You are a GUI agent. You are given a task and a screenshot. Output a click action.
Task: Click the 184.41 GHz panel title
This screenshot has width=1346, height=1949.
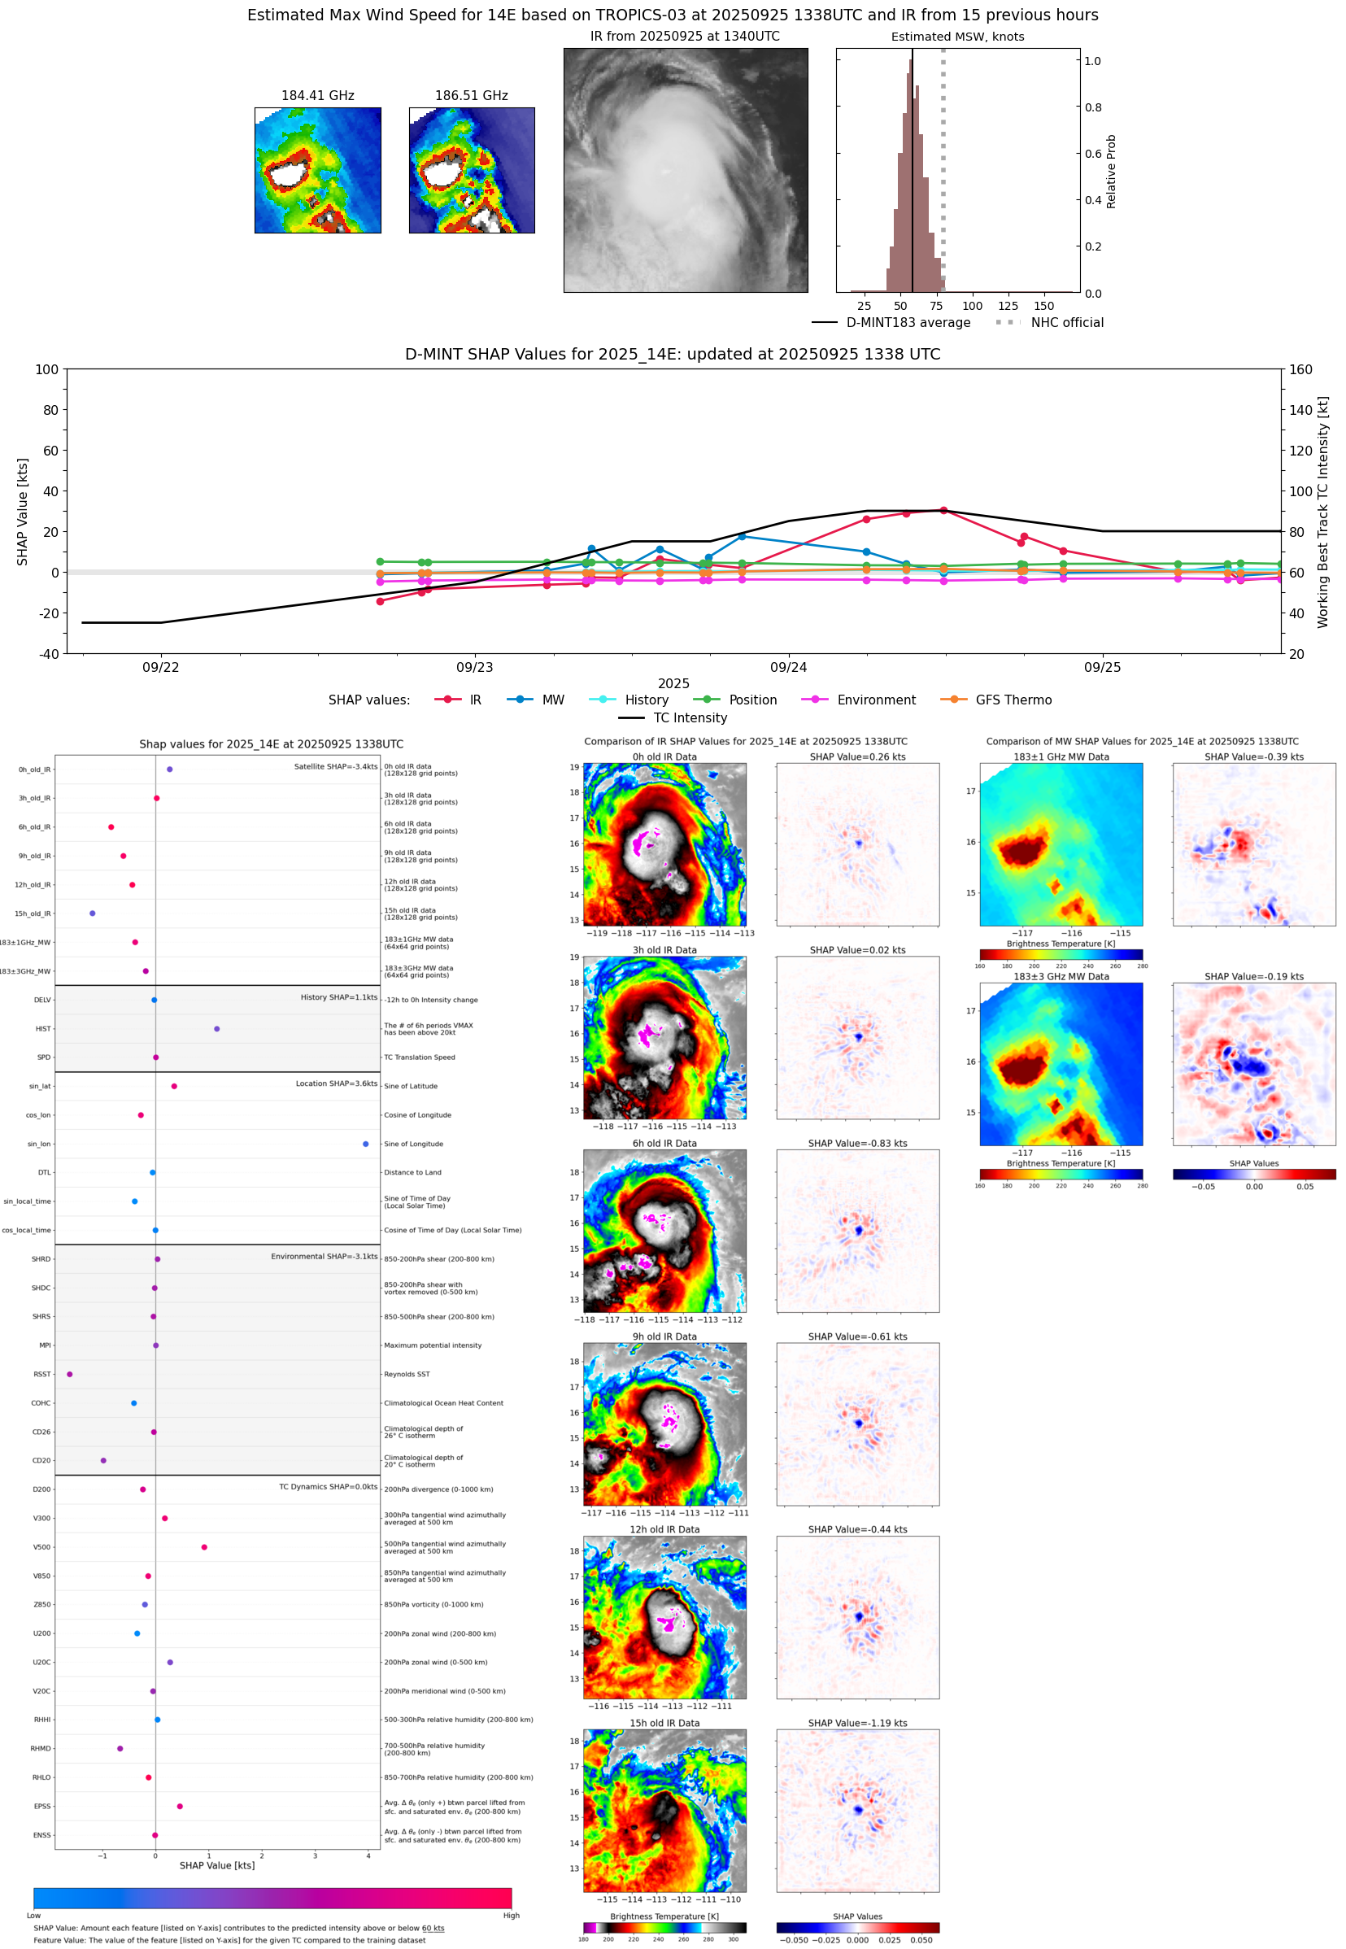317,96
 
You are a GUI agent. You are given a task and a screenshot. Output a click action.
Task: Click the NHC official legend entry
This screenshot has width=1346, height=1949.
1066,322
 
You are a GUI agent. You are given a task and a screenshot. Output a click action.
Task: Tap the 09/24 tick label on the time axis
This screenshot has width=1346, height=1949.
788,667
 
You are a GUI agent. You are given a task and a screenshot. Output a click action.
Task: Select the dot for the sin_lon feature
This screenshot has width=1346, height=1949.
365,1144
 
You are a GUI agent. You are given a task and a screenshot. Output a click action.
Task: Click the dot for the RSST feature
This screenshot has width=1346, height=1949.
70,1374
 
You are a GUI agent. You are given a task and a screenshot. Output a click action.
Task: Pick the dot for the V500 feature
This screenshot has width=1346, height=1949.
204,1546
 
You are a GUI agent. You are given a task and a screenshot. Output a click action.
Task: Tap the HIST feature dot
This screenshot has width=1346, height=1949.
217,1029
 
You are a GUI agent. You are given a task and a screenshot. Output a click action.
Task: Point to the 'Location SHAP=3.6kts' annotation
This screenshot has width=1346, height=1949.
336,1084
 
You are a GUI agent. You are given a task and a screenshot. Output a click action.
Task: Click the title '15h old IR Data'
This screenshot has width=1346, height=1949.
664,1723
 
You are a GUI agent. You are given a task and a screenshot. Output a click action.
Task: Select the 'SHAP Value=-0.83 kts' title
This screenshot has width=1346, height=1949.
857,1144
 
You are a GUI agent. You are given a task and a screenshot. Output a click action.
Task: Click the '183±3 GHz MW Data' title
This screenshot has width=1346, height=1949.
1061,977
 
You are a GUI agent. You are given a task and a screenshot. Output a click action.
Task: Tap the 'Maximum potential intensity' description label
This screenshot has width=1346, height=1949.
433,1345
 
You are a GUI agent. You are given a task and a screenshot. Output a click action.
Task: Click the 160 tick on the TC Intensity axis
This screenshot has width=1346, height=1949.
1300,369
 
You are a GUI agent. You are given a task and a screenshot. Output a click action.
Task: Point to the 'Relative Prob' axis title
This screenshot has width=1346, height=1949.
1111,171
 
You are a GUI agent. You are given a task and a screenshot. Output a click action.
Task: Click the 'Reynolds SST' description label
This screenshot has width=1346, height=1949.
407,1374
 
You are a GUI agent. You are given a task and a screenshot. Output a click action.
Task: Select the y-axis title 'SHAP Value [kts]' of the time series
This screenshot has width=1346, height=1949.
23,511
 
